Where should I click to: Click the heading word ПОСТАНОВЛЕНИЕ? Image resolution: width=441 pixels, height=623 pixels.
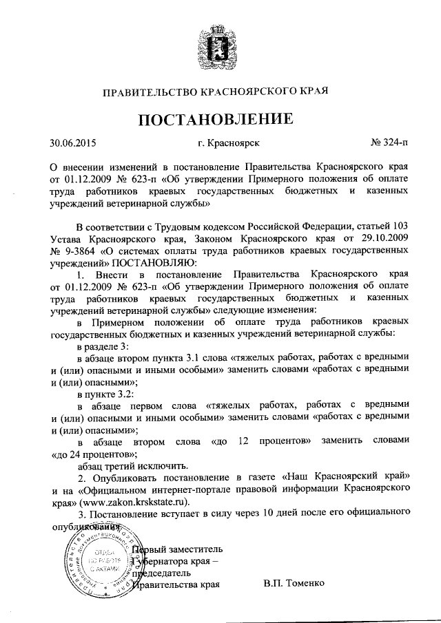(x=220, y=118)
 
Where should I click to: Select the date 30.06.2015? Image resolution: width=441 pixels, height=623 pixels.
(x=73, y=144)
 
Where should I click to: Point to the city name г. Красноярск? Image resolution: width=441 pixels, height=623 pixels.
(x=228, y=144)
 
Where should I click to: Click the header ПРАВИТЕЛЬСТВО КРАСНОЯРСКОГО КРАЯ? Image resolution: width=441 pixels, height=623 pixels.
(x=220, y=90)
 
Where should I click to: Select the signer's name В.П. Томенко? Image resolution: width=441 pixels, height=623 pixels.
(x=291, y=585)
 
